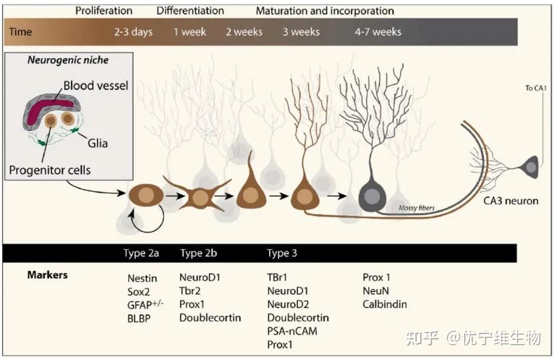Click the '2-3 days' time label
pyautogui.click(x=134, y=32)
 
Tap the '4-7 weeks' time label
pyautogui.click(x=378, y=32)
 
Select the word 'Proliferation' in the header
pyautogui.click(x=104, y=11)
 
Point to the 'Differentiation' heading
pyautogui.click(x=190, y=11)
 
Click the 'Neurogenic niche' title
pyautogui.click(x=68, y=60)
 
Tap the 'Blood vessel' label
pyautogui.click(x=96, y=85)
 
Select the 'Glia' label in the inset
pyautogui.click(x=98, y=143)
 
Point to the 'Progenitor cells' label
pyautogui.click(x=50, y=170)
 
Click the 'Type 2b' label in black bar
pyautogui.click(x=198, y=253)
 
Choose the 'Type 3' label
pyautogui.click(x=282, y=253)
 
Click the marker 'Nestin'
pyautogui.click(x=142, y=279)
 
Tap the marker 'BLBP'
pyautogui.click(x=139, y=319)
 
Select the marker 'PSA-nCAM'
pyautogui.click(x=292, y=331)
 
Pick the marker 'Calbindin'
pyautogui.click(x=385, y=304)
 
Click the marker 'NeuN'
pyautogui.click(x=375, y=291)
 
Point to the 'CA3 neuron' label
pyautogui.click(x=511, y=201)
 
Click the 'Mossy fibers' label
pyautogui.click(x=417, y=208)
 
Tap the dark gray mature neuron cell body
pyautogui.click(x=373, y=196)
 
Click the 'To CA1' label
pyautogui.click(x=536, y=88)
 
